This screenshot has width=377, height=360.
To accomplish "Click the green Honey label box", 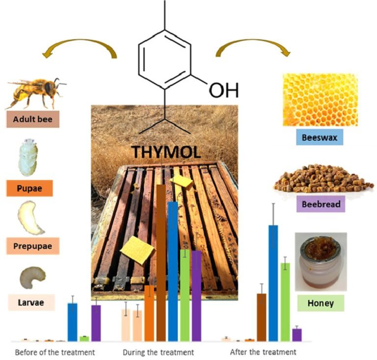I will [321, 303].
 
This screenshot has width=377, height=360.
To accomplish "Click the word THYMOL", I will [166, 153].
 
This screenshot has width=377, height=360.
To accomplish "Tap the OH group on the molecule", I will [223, 90].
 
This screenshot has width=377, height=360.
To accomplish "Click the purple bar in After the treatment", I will [296, 334].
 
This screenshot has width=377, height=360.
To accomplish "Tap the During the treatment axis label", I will [158, 352].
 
